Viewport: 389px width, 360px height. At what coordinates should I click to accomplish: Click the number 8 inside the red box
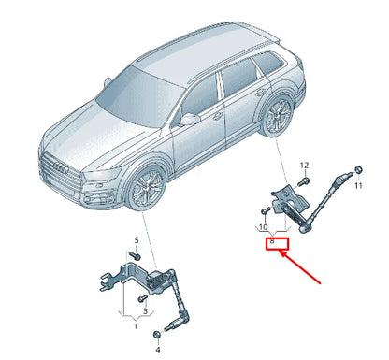tap(273, 242)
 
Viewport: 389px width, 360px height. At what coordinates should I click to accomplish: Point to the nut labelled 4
tap(144, 335)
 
